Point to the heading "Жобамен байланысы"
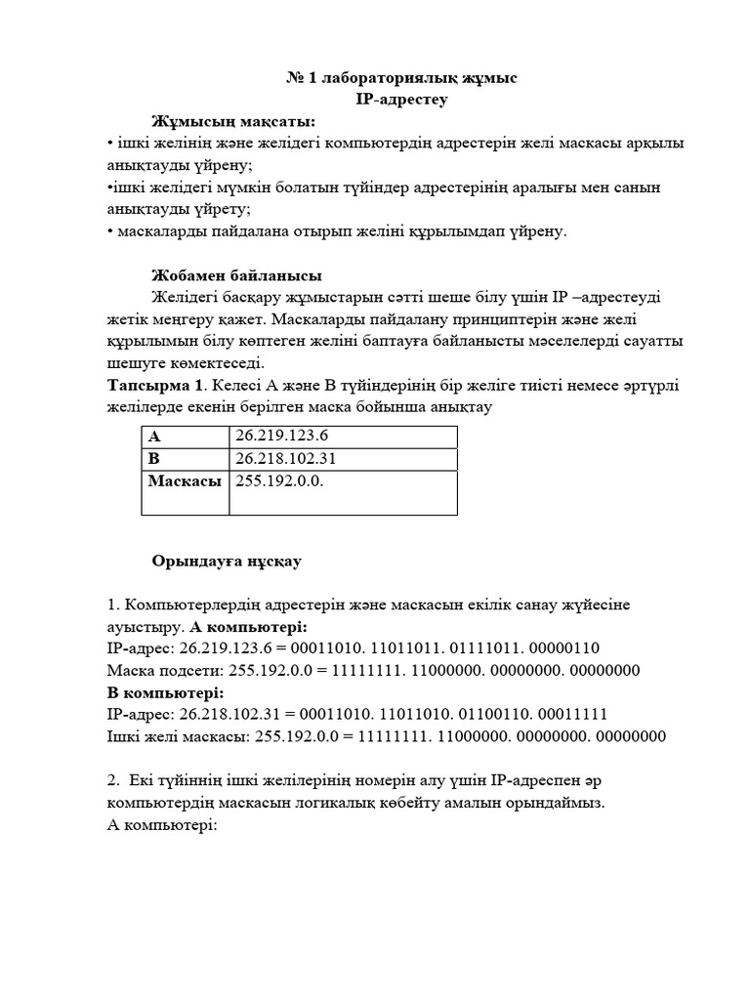pos(237,274)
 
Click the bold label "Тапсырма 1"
pos(155,385)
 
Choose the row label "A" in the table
pos(154,436)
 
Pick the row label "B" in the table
pos(154,458)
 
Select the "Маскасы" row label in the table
pos(185,481)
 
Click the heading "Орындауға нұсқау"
pos(227,562)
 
